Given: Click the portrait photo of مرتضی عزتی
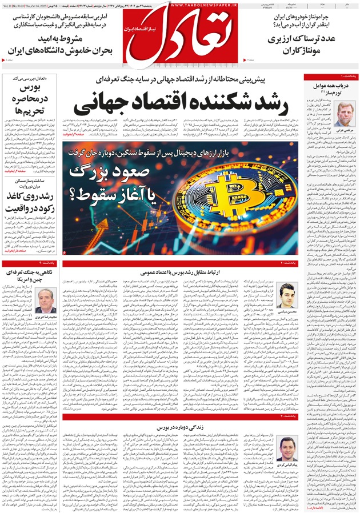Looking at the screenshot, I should coord(345,112).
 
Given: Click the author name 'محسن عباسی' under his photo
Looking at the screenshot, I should coord(289,313).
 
